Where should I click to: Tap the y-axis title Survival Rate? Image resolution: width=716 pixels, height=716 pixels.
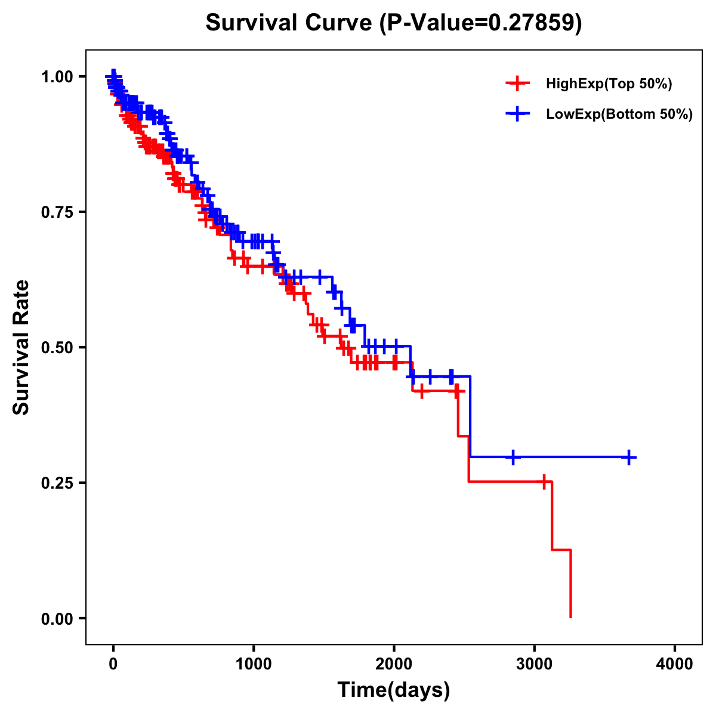coord(21,347)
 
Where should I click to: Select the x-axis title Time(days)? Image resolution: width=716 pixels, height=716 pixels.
coord(394,690)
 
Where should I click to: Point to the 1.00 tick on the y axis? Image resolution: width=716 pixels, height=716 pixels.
coord(57,76)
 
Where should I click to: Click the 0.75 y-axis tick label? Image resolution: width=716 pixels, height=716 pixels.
coord(57,212)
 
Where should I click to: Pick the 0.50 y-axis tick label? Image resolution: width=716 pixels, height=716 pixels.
coord(57,347)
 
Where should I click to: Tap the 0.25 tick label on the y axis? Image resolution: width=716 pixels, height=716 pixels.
coord(57,483)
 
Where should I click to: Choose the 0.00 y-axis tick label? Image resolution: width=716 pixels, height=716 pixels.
coord(57,618)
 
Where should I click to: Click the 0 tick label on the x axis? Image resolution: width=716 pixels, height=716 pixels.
coord(113,664)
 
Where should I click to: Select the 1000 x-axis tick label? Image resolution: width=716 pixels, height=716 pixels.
coord(254,664)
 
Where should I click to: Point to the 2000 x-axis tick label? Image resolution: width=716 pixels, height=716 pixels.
coord(394,664)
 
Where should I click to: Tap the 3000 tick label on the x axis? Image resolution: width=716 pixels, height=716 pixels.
coord(535,664)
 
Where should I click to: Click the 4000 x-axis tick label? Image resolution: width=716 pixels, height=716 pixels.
coord(675,664)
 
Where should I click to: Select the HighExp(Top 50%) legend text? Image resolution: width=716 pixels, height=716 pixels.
coord(609,84)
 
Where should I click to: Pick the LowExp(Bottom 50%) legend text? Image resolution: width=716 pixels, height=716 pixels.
coord(619,115)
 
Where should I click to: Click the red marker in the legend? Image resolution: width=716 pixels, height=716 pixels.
coord(517,84)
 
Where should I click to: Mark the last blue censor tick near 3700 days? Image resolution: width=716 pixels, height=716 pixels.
coord(629,457)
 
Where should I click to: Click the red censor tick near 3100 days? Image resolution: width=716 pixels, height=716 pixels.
coord(544,482)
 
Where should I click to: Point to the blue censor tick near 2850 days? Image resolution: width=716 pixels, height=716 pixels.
coord(513,457)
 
